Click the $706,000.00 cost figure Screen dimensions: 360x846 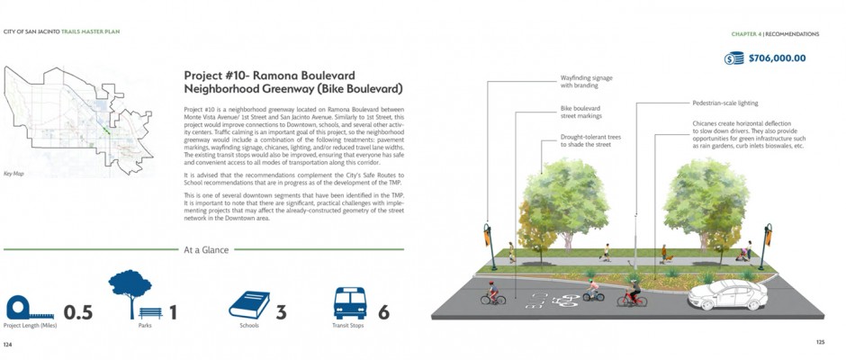777,58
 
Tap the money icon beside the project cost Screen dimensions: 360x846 733,58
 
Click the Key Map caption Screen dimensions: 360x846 13,173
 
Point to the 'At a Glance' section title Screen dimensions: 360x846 206,249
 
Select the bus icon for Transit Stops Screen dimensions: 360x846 350,303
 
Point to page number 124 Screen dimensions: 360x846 8,345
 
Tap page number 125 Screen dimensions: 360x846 820,342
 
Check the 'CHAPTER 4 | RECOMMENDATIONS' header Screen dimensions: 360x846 780,33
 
